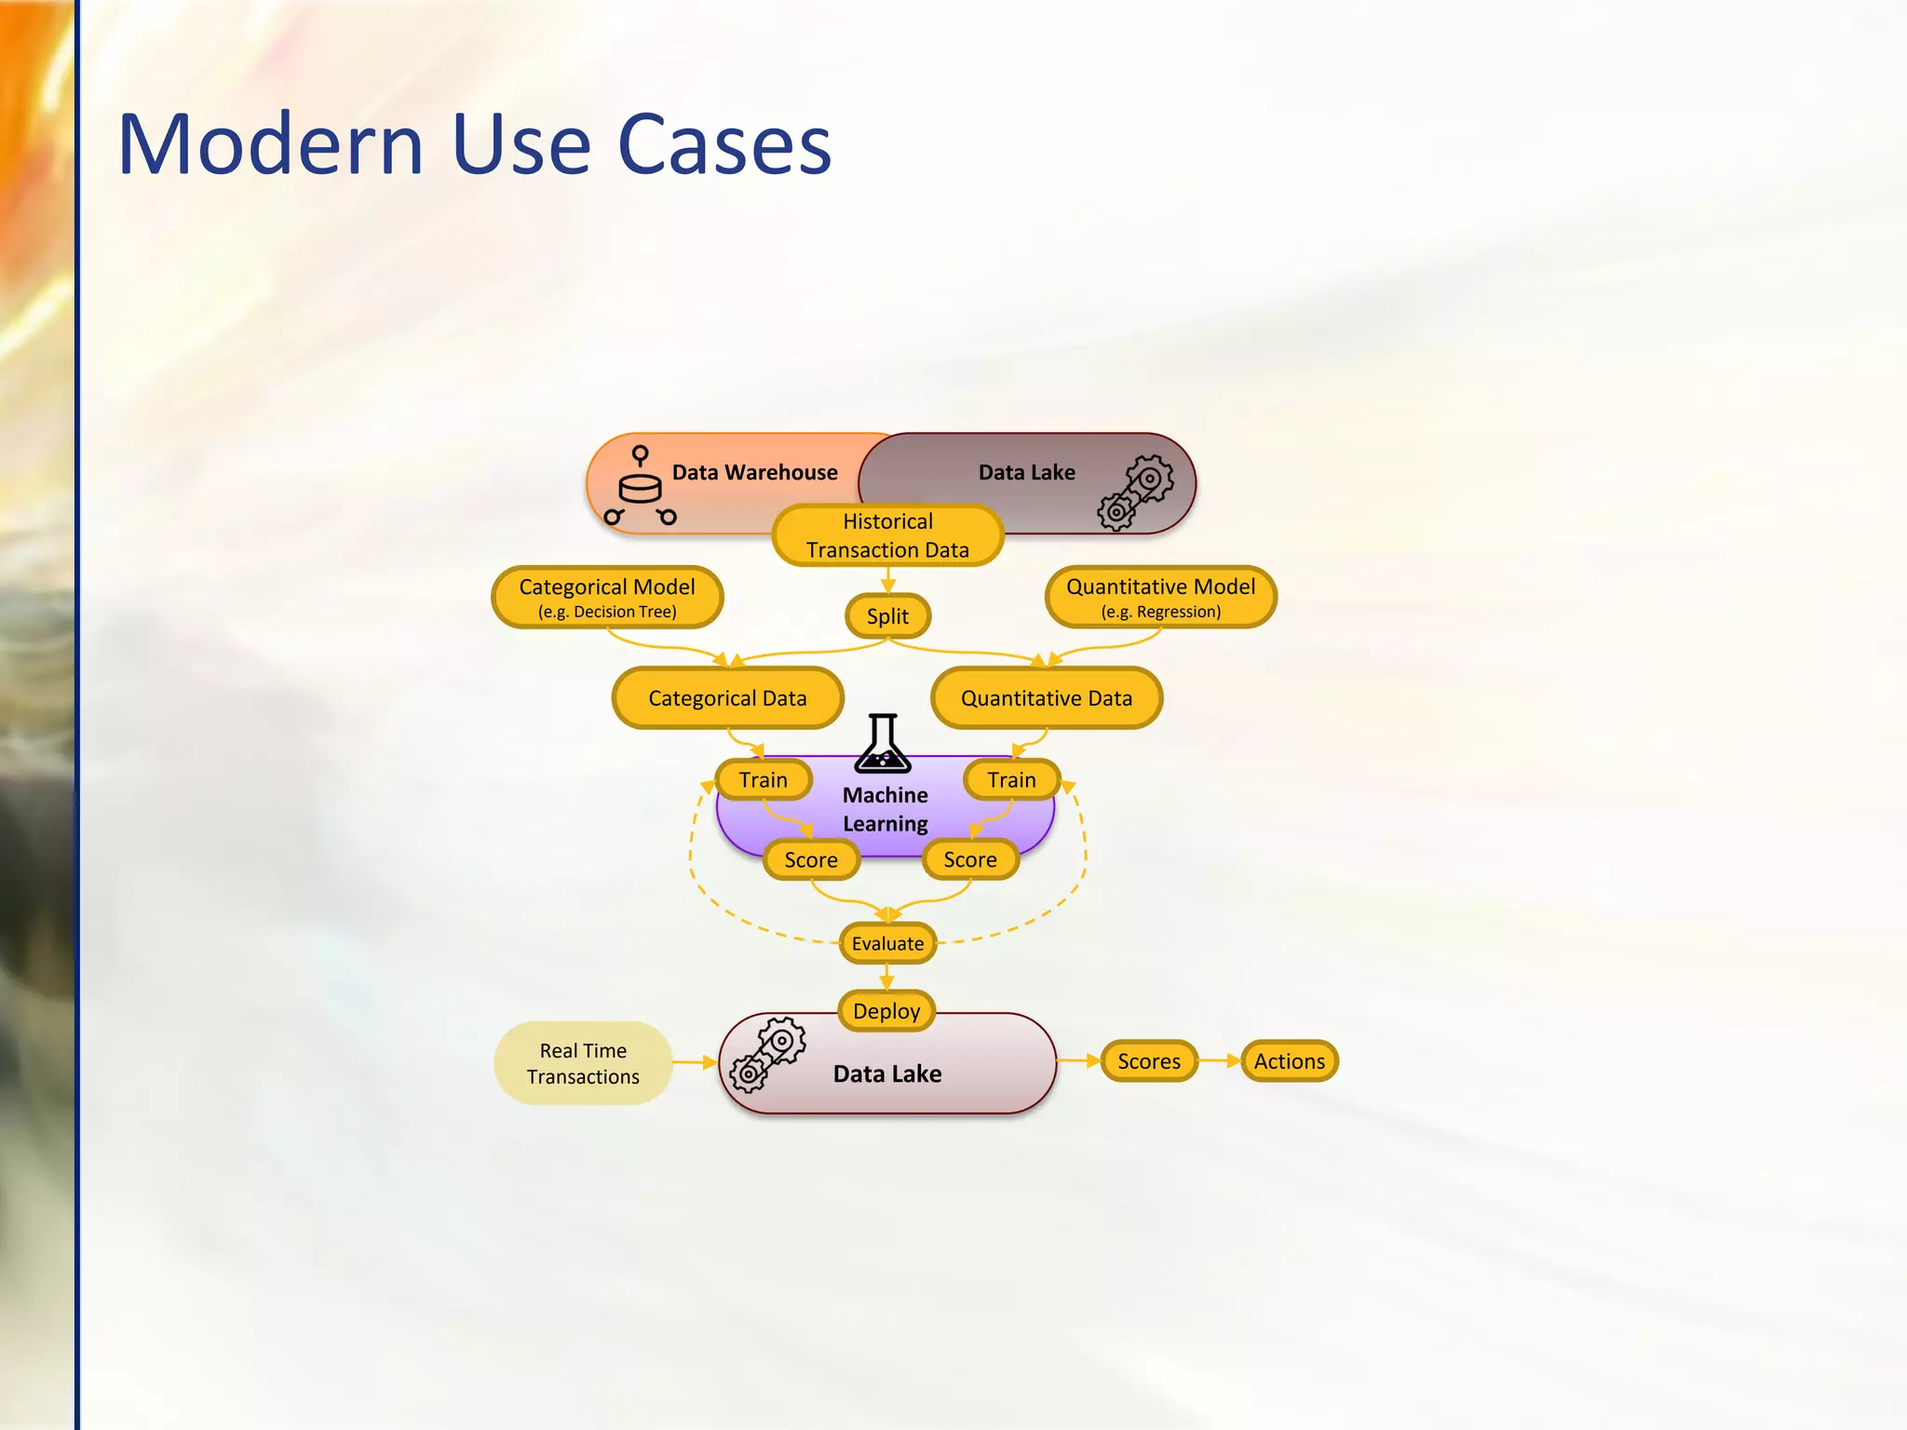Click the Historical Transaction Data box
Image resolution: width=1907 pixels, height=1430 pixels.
pyautogui.click(x=887, y=535)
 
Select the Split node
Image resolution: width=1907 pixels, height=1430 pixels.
pyautogui.click(x=887, y=616)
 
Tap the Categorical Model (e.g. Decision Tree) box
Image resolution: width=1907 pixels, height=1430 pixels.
pyautogui.click(x=607, y=597)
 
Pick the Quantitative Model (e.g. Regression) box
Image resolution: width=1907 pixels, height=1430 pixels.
pyautogui.click(x=1160, y=597)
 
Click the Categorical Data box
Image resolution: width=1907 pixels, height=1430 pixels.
pyautogui.click(x=727, y=698)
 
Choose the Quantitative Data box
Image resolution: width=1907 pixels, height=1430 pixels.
pyautogui.click(x=1047, y=698)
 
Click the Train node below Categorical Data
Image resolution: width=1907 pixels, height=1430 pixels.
pyautogui.click(x=764, y=780)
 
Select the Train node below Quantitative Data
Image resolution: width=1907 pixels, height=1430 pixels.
pyautogui.click(x=1011, y=780)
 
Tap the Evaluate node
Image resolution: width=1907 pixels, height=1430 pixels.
pyautogui.click(x=887, y=943)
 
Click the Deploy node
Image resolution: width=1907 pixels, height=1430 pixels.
pyautogui.click(x=886, y=1011)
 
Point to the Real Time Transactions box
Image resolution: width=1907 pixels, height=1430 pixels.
pyautogui.click(x=583, y=1063)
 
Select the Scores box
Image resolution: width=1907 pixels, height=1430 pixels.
pyautogui.click(x=1149, y=1061)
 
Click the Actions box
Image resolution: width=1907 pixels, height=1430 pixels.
pyautogui.click(x=1290, y=1061)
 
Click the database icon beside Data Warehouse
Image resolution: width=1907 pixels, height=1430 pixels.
pyautogui.click(x=640, y=487)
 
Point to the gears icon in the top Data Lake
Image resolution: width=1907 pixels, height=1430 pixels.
pyautogui.click(x=1135, y=492)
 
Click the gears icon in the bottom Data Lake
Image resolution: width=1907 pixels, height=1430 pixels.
pyautogui.click(x=768, y=1054)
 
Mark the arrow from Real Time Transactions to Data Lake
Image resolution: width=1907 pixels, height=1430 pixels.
pyautogui.click(x=695, y=1062)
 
